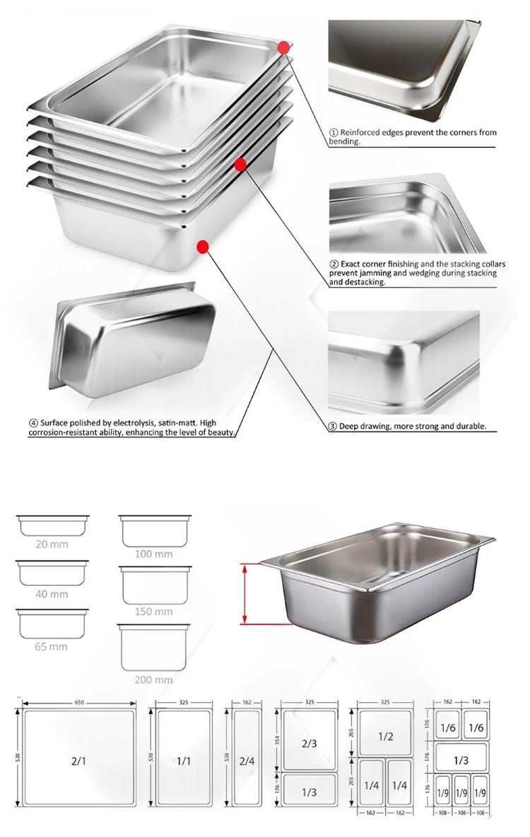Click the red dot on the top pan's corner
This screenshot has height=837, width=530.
(x=284, y=47)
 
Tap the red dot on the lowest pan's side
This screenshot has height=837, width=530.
(x=203, y=247)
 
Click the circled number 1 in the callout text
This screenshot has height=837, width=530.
(x=334, y=133)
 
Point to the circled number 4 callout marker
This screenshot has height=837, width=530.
(x=33, y=423)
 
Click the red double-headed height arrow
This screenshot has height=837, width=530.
(x=245, y=594)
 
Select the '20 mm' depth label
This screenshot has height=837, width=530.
(x=52, y=544)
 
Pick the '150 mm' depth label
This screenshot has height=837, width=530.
(x=153, y=611)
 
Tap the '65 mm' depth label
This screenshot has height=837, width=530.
(x=52, y=646)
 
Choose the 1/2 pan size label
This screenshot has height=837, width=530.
(x=385, y=736)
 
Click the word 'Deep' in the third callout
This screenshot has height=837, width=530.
(x=351, y=427)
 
